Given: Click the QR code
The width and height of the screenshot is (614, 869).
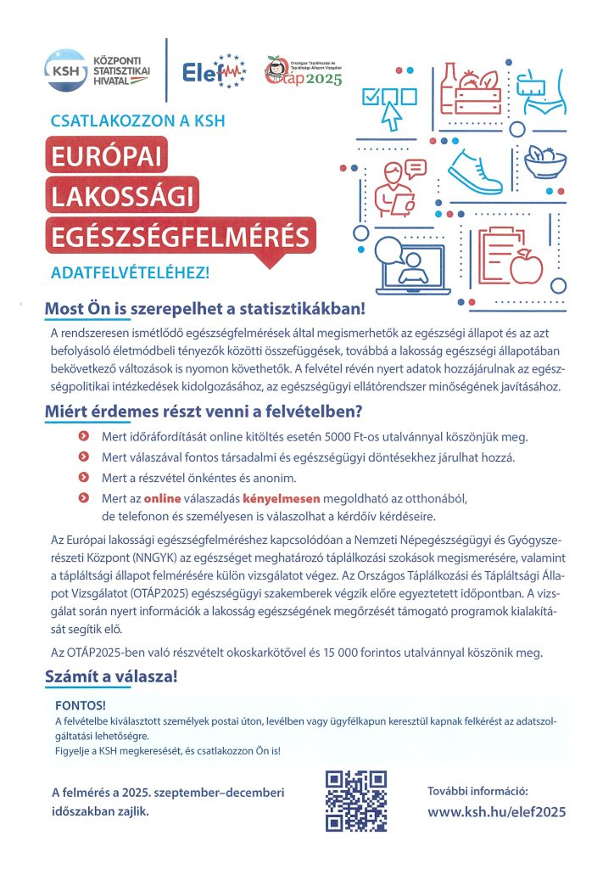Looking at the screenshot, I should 356,800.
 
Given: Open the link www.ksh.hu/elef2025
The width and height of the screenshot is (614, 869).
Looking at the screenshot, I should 496,811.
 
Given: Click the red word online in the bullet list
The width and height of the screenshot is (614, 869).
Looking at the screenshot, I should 162,498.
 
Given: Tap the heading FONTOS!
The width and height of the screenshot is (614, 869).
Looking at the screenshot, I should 80,705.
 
